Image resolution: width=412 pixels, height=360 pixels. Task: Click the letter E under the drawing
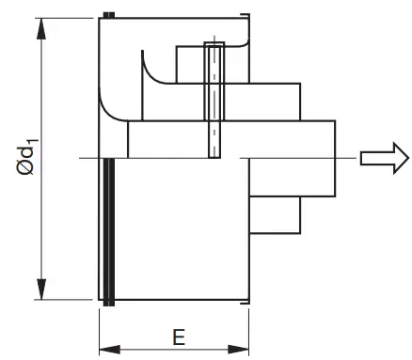pyautogui.click(x=177, y=337)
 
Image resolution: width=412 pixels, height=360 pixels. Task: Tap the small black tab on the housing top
pyautogui.click(x=110, y=13)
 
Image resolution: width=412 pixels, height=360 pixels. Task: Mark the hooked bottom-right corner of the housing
pyautogui.click(x=246, y=299)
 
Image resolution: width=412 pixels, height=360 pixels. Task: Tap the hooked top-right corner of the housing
pyautogui.click(x=246, y=18)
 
